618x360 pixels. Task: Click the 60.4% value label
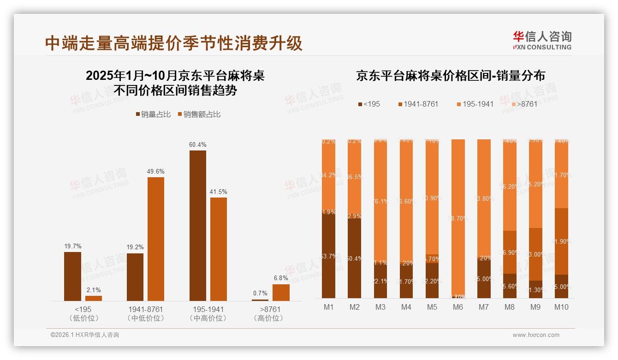197,144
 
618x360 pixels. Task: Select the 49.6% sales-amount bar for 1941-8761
156,239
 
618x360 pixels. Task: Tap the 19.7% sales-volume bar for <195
72,276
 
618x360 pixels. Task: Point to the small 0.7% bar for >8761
260,300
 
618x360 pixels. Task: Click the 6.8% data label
280,278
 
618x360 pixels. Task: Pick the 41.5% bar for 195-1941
219,249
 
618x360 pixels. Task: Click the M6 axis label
458,307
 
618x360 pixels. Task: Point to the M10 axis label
561,307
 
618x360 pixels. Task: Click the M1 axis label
329,307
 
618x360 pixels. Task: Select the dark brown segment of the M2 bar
355,258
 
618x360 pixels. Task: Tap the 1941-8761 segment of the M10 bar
561,241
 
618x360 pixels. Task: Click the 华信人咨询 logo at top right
542,40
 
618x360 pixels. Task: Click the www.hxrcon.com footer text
536,335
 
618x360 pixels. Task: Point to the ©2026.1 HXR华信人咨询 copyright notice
85,335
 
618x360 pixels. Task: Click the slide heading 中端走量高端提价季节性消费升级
174,43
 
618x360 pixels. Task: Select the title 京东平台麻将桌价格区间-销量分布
450,76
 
